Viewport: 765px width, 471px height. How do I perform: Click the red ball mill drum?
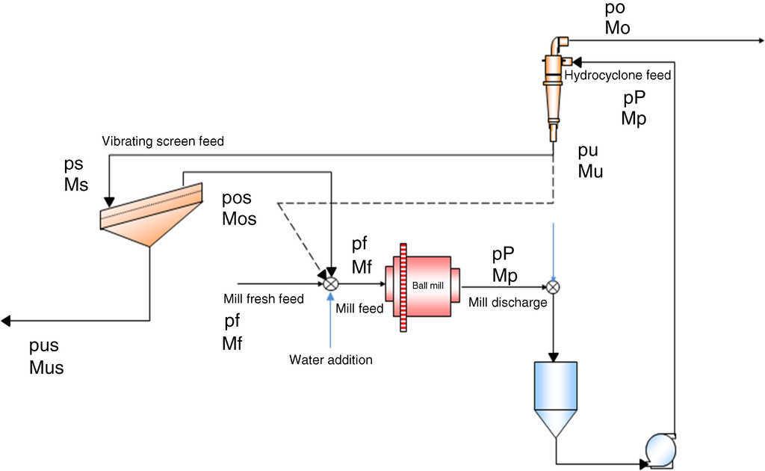click(x=427, y=285)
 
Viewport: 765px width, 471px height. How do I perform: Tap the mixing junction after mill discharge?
click(x=554, y=286)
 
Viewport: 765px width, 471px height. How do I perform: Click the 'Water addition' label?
click(x=330, y=360)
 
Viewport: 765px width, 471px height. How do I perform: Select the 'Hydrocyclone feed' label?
click(x=618, y=76)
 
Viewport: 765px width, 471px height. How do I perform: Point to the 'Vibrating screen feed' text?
click(x=163, y=141)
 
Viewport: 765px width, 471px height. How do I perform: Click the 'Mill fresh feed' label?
click(x=264, y=299)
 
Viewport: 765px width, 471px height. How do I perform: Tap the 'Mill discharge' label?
click(x=508, y=303)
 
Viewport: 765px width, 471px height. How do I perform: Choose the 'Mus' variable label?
click(x=46, y=367)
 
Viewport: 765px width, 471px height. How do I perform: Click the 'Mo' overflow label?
click(x=618, y=28)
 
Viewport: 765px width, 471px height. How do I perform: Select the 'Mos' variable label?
click(x=239, y=218)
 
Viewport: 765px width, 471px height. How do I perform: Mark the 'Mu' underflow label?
click(x=590, y=170)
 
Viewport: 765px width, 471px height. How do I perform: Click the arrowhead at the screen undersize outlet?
click(x=6, y=321)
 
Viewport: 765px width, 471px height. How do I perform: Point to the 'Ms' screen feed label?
click(x=76, y=182)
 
